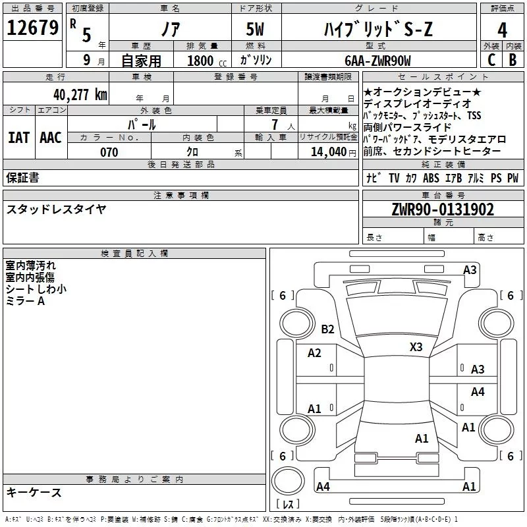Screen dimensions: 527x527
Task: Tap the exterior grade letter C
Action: pyautogui.click(x=491, y=59)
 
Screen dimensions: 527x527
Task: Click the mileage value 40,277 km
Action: pyautogui.click(x=80, y=94)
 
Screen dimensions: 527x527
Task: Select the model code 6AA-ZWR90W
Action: pyautogui.click(x=377, y=61)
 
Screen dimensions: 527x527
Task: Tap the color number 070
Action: pyautogui.click(x=109, y=152)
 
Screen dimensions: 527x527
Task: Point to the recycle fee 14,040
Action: pyautogui.click(x=330, y=152)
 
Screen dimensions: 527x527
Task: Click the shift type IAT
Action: pyautogui.click(x=18, y=137)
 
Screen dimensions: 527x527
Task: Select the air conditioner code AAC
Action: pyautogui.click(x=50, y=137)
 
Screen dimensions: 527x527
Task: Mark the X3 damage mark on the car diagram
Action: pyautogui.click(x=416, y=347)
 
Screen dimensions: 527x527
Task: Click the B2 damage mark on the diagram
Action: pyautogui.click(x=327, y=329)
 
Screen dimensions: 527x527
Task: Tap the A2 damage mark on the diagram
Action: pyautogui.click(x=314, y=353)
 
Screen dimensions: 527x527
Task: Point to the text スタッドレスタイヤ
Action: pyautogui.click(x=56, y=209)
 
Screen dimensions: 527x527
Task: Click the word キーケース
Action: pyautogui.click(x=34, y=492)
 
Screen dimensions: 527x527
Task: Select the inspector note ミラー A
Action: pyautogui.click(x=25, y=300)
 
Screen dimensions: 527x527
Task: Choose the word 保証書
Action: pyautogui.click(x=22, y=177)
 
